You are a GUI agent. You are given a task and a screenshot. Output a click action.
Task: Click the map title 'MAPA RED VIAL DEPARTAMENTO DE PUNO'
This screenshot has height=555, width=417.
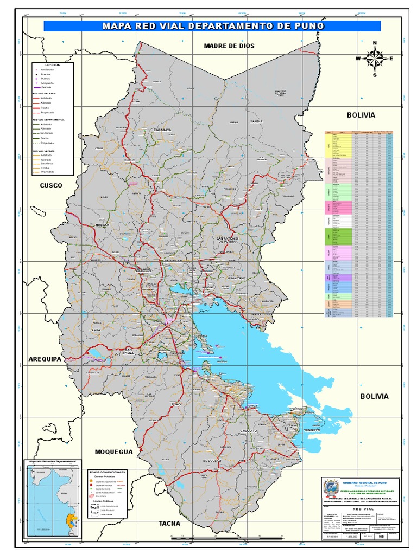click(x=212, y=26)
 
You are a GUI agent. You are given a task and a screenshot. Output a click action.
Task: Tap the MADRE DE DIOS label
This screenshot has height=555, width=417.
click(x=229, y=46)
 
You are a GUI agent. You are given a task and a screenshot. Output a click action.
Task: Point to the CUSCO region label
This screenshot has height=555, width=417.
click(x=51, y=185)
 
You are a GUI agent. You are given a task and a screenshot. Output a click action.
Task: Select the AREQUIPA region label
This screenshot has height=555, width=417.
click(x=45, y=359)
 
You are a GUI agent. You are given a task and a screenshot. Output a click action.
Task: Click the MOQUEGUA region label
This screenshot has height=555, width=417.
click(x=113, y=451)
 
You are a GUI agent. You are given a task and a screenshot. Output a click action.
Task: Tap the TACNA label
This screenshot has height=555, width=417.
click(x=169, y=524)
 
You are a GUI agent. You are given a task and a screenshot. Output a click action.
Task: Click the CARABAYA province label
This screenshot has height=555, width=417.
click(x=162, y=130)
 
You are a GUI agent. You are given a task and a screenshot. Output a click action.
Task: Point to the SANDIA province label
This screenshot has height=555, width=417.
click(x=256, y=122)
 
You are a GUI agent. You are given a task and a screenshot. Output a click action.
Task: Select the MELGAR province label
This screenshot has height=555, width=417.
click(x=103, y=224)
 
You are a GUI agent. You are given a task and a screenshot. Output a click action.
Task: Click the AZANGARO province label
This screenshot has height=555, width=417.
click(x=170, y=261)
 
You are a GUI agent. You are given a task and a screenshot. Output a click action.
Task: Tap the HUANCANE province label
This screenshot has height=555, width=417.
click(x=237, y=277)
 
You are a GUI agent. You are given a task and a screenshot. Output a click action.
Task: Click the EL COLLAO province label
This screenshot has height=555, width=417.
click(x=212, y=460)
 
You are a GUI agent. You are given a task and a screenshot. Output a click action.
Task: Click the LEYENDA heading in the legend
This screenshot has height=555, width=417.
click(x=53, y=64)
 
